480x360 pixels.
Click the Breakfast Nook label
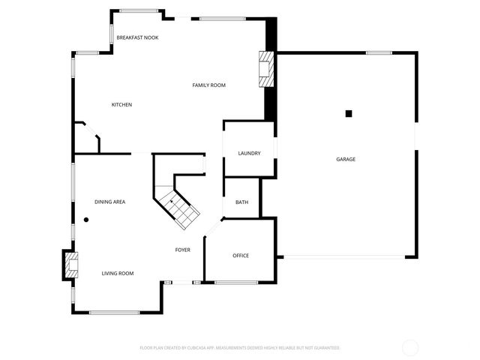[137, 37]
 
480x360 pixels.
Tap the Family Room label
[208, 85]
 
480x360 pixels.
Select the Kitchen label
[121, 104]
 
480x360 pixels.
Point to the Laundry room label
[249, 153]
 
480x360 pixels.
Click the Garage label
[345, 159]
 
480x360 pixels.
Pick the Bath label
[241, 202]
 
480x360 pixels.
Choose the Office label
[240, 256]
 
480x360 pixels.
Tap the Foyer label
[183, 250]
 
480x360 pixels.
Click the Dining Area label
[109, 202]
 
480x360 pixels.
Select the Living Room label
[118, 273]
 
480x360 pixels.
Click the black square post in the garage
[348, 113]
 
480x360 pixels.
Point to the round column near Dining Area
[86, 220]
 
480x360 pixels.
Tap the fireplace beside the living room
[70, 265]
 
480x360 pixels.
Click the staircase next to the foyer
[178, 199]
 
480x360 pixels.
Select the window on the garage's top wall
[379, 52]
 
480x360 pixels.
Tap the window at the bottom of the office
[237, 283]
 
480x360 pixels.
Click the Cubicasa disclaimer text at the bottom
[240, 348]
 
